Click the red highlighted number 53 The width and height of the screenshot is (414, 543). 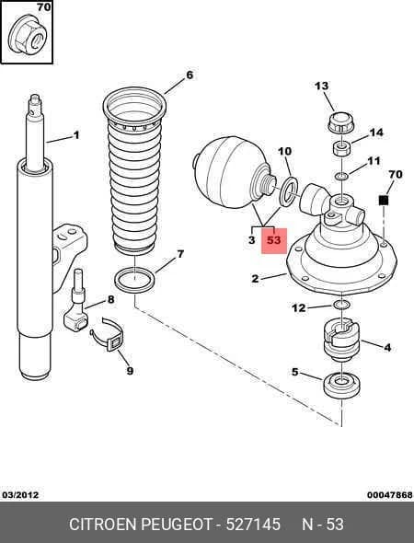[x=273, y=240]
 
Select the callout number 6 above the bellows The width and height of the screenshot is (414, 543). [x=190, y=75]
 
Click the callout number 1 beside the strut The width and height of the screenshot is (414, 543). [x=76, y=134]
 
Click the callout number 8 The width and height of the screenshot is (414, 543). [x=110, y=299]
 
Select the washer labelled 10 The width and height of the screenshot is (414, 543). [x=288, y=191]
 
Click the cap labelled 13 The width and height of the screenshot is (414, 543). [x=341, y=123]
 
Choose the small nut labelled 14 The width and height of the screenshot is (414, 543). [x=341, y=148]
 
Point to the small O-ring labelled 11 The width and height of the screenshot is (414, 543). [x=341, y=177]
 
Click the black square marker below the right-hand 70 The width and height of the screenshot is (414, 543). [x=384, y=200]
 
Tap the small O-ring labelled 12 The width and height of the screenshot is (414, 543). [x=341, y=305]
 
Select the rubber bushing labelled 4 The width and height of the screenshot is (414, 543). [x=341, y=339]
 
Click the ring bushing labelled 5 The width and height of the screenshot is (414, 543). [x=341, y=385]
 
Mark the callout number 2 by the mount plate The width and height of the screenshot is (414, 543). [x=255, y=278]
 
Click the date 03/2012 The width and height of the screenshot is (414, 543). [x=20, y=494]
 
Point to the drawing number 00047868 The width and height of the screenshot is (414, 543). [x=390, y=495]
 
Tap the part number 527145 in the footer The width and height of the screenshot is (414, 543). [x=253, y=524]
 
